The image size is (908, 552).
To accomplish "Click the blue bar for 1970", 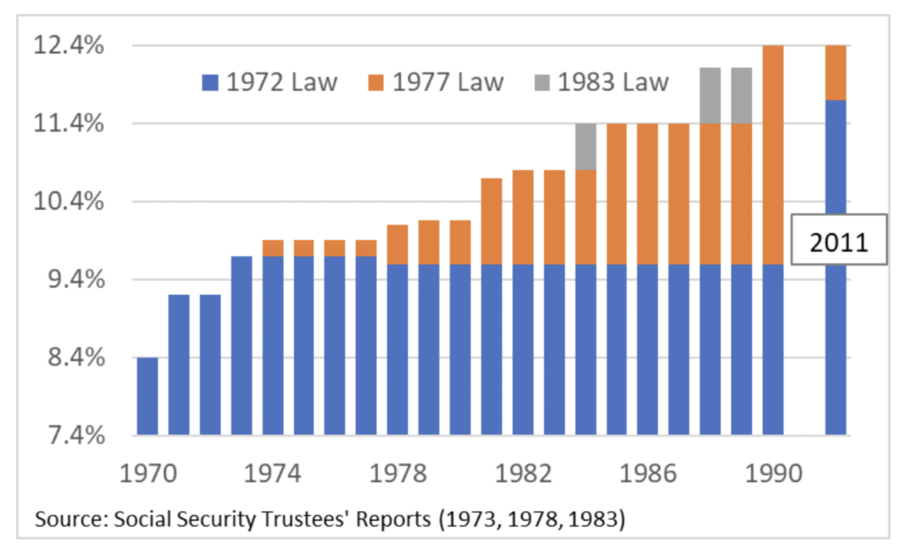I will point(147,396).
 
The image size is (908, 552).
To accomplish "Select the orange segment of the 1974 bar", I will point(272,248).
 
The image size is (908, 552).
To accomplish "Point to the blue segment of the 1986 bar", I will point(647,349).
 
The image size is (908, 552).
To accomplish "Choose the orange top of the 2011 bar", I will point(835,72).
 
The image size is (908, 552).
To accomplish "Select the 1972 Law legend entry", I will point(270,83).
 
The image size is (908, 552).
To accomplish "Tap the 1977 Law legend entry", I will point(435,83).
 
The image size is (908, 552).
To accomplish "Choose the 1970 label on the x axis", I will point(147,471).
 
